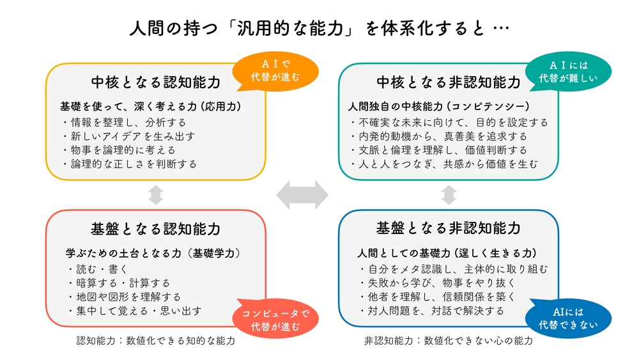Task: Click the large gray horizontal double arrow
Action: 302,194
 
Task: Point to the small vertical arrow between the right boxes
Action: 449,194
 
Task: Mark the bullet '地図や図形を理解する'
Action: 124,297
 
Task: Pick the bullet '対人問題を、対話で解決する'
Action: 432,311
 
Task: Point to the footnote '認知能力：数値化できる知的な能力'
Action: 156,341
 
